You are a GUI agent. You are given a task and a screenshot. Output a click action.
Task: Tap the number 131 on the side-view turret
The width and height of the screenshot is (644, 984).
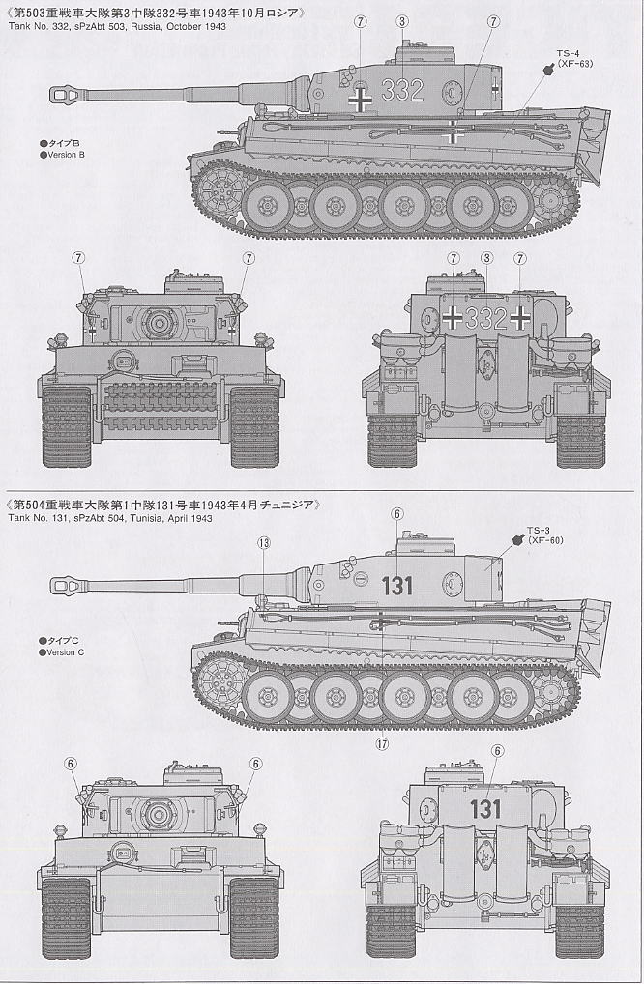coord(396,585)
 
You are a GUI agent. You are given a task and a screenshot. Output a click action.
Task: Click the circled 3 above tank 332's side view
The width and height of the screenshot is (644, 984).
coord(400,20)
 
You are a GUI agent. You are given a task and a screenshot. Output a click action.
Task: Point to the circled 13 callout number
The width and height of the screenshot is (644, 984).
coord(264,542)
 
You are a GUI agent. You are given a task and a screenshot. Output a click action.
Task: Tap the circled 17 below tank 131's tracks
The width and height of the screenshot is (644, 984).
coord(383,742)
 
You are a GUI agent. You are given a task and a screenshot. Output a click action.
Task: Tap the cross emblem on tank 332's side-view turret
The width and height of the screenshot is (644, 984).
coord(361,98)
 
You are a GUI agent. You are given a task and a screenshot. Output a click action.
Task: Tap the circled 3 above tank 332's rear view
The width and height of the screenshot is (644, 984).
coord(486,258)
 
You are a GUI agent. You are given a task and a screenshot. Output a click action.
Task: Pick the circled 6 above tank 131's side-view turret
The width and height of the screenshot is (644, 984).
coord(396,514)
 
